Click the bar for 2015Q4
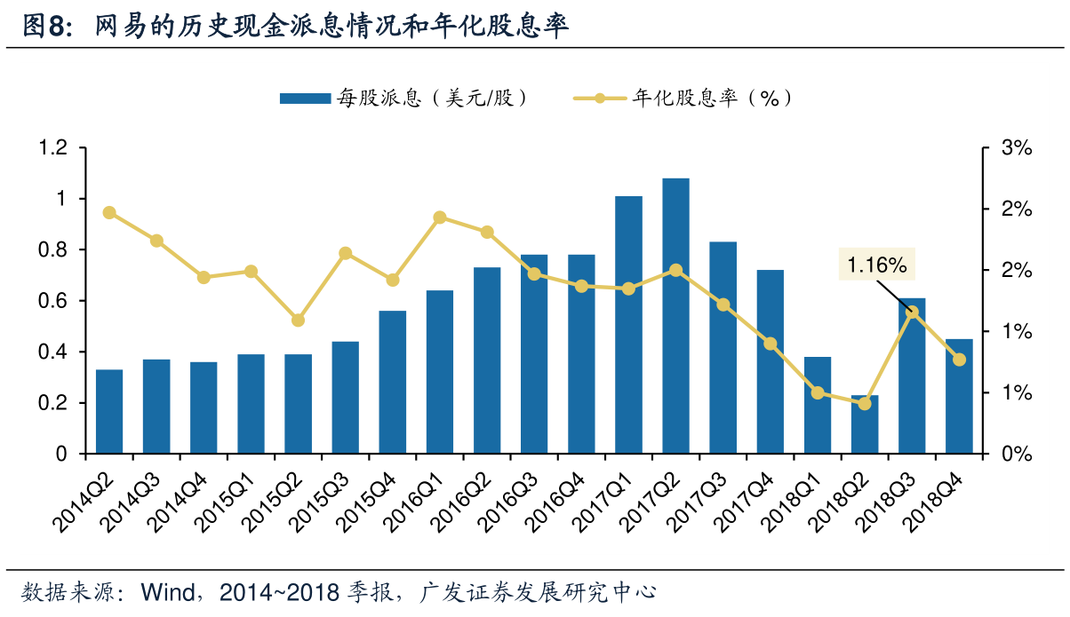392,382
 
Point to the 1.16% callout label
876,264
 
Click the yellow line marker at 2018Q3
912,312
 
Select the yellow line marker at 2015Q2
298,320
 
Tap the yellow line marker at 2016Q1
440,218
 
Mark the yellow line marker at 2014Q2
109,212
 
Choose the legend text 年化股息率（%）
712,98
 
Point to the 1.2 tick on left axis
55,147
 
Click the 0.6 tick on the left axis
55,301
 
